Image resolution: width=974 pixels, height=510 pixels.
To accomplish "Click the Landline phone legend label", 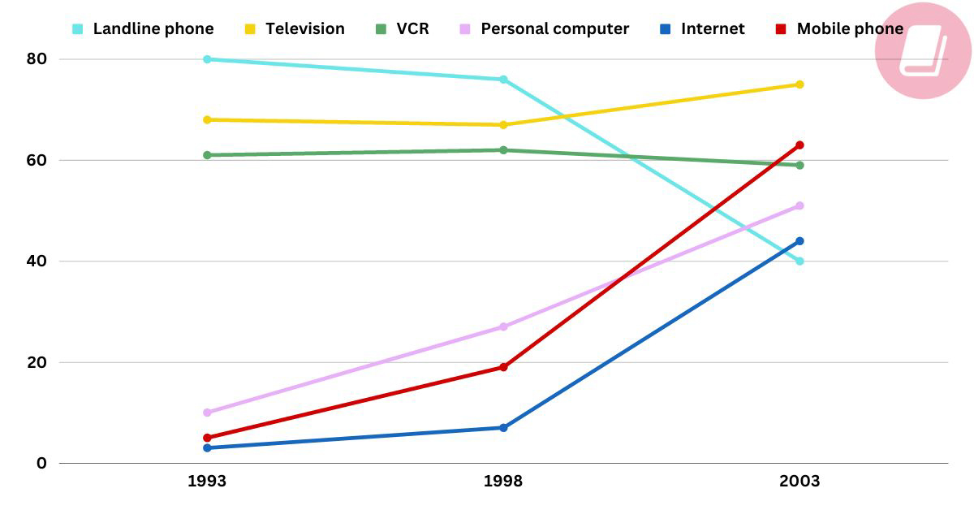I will (153, 29).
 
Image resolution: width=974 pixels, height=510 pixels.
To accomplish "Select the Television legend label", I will (304, 29).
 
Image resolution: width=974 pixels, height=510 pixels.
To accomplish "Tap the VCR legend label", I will (412, 29).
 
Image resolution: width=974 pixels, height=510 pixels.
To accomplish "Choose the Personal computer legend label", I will (554, 29).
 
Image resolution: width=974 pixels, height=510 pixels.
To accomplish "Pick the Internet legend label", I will (713, 29).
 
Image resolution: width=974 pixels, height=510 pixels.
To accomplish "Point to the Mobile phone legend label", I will (850, 29).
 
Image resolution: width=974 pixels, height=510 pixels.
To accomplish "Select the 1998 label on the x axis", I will (503, 482).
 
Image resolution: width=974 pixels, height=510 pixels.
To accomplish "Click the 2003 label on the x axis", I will (799, 482).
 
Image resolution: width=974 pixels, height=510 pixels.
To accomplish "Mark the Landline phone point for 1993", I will (207, 59).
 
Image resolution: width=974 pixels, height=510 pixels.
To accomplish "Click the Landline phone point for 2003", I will (799, 261).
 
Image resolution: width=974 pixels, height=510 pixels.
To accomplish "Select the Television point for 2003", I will (799, 84).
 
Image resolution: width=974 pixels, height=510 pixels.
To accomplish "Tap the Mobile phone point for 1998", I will (503, 367).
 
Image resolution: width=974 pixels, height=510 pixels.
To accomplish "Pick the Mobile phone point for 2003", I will (799, 145).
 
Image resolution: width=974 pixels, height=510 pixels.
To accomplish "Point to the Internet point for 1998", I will (503, 428).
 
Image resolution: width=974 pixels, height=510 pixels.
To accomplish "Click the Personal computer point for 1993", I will (207, 413).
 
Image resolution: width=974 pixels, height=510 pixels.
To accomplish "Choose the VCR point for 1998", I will (503, 150).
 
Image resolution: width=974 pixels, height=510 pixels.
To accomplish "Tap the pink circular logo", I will (924, 50).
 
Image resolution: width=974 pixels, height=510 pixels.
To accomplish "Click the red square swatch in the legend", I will (781, 29).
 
